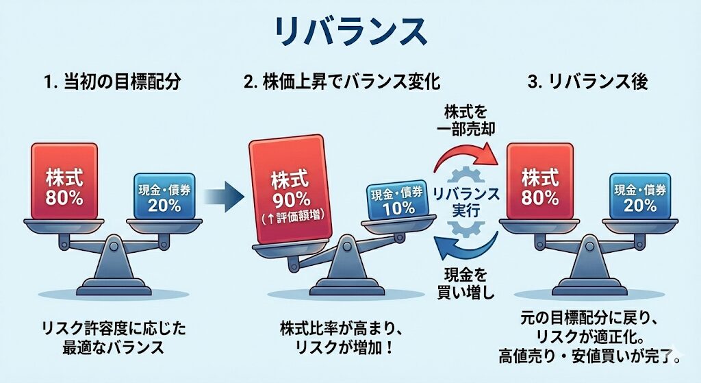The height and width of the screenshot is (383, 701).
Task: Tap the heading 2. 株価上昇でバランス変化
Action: [x=342, y=83]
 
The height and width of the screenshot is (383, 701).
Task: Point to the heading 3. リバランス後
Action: [x=588, y=83]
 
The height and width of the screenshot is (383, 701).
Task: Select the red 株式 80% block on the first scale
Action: [x=66, y=180]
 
